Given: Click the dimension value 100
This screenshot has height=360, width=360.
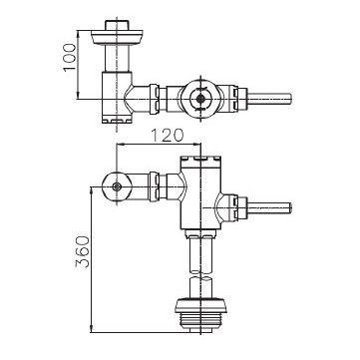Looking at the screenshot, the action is pyautogui.click(x=70, y=57).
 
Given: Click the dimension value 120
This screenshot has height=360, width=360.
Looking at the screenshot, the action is pyautogui.click(x=168, y=136).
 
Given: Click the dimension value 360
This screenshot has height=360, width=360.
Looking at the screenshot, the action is pyautogui.click(x=83, y=252).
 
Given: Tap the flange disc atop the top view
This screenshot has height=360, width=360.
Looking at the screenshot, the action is pyautogui.click(x=117, y=37).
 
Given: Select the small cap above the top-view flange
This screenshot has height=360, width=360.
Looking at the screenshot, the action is pyautogui.click(x=117, y=25).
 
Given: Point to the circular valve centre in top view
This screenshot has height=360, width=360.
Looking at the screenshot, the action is pyautogui.click(x=200, y=99).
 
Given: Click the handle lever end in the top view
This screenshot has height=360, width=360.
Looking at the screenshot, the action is pyautogui.click(x=270, y=99).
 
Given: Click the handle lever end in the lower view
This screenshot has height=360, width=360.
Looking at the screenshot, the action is pyautogui.click(x=270, y=207).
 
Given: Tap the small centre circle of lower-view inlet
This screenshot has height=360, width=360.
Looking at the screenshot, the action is pyautogui.click(x=116, y=186).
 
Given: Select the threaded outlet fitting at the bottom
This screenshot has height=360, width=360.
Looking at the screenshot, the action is pyautogui.click(x=200, y=321).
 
